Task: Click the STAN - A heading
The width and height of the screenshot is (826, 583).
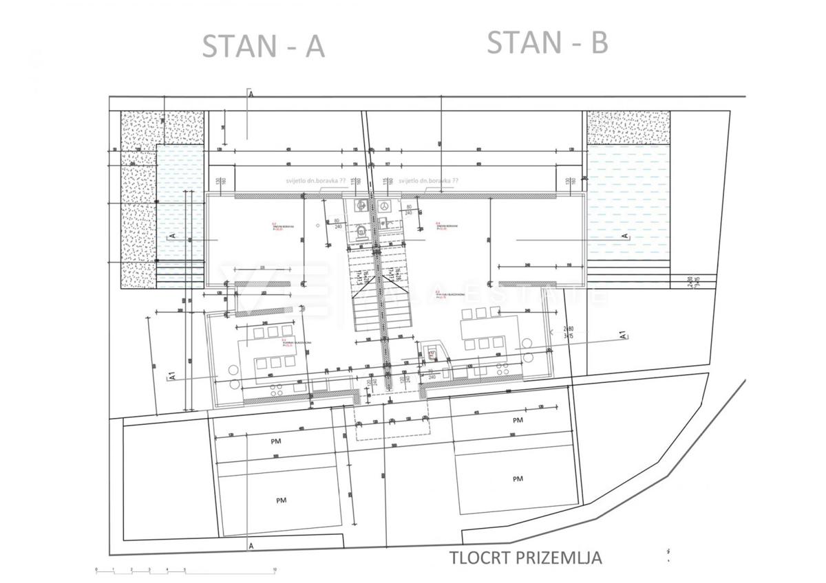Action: (263, 46)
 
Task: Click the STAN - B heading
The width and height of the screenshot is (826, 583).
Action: (547, 43)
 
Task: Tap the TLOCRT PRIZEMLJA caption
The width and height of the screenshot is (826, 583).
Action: (526, 557)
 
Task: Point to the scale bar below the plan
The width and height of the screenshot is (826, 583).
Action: (186, 569)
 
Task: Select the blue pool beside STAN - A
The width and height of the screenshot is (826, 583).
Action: (180, 206)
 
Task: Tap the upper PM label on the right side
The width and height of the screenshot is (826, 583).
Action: (518, 419)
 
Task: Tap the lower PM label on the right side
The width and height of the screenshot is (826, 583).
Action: (518, 478)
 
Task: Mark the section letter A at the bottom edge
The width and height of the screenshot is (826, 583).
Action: (252, 546)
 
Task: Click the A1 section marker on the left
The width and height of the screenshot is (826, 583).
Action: (172, 375)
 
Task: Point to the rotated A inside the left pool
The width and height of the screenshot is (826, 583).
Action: (171, 236)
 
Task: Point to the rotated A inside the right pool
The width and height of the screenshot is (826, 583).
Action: (625, 236)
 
